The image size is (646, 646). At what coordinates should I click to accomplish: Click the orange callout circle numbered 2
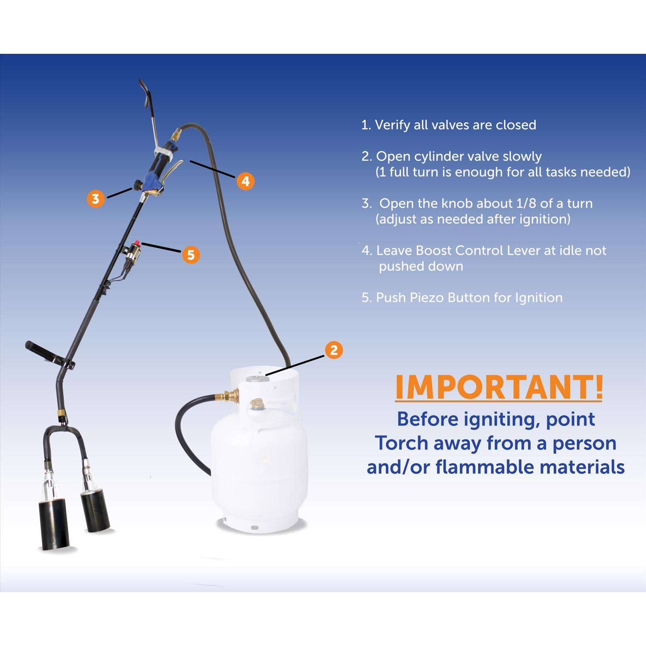click(334, 350)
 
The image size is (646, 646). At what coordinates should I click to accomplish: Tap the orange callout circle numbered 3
click(96, 199)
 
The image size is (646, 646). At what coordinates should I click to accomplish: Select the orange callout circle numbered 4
click(245, 181)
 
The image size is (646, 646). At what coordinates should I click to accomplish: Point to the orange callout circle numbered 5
click(191, 255)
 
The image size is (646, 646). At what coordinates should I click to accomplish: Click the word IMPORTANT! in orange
click(499, 388)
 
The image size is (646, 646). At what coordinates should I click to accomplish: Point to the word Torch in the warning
click(402, 443)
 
